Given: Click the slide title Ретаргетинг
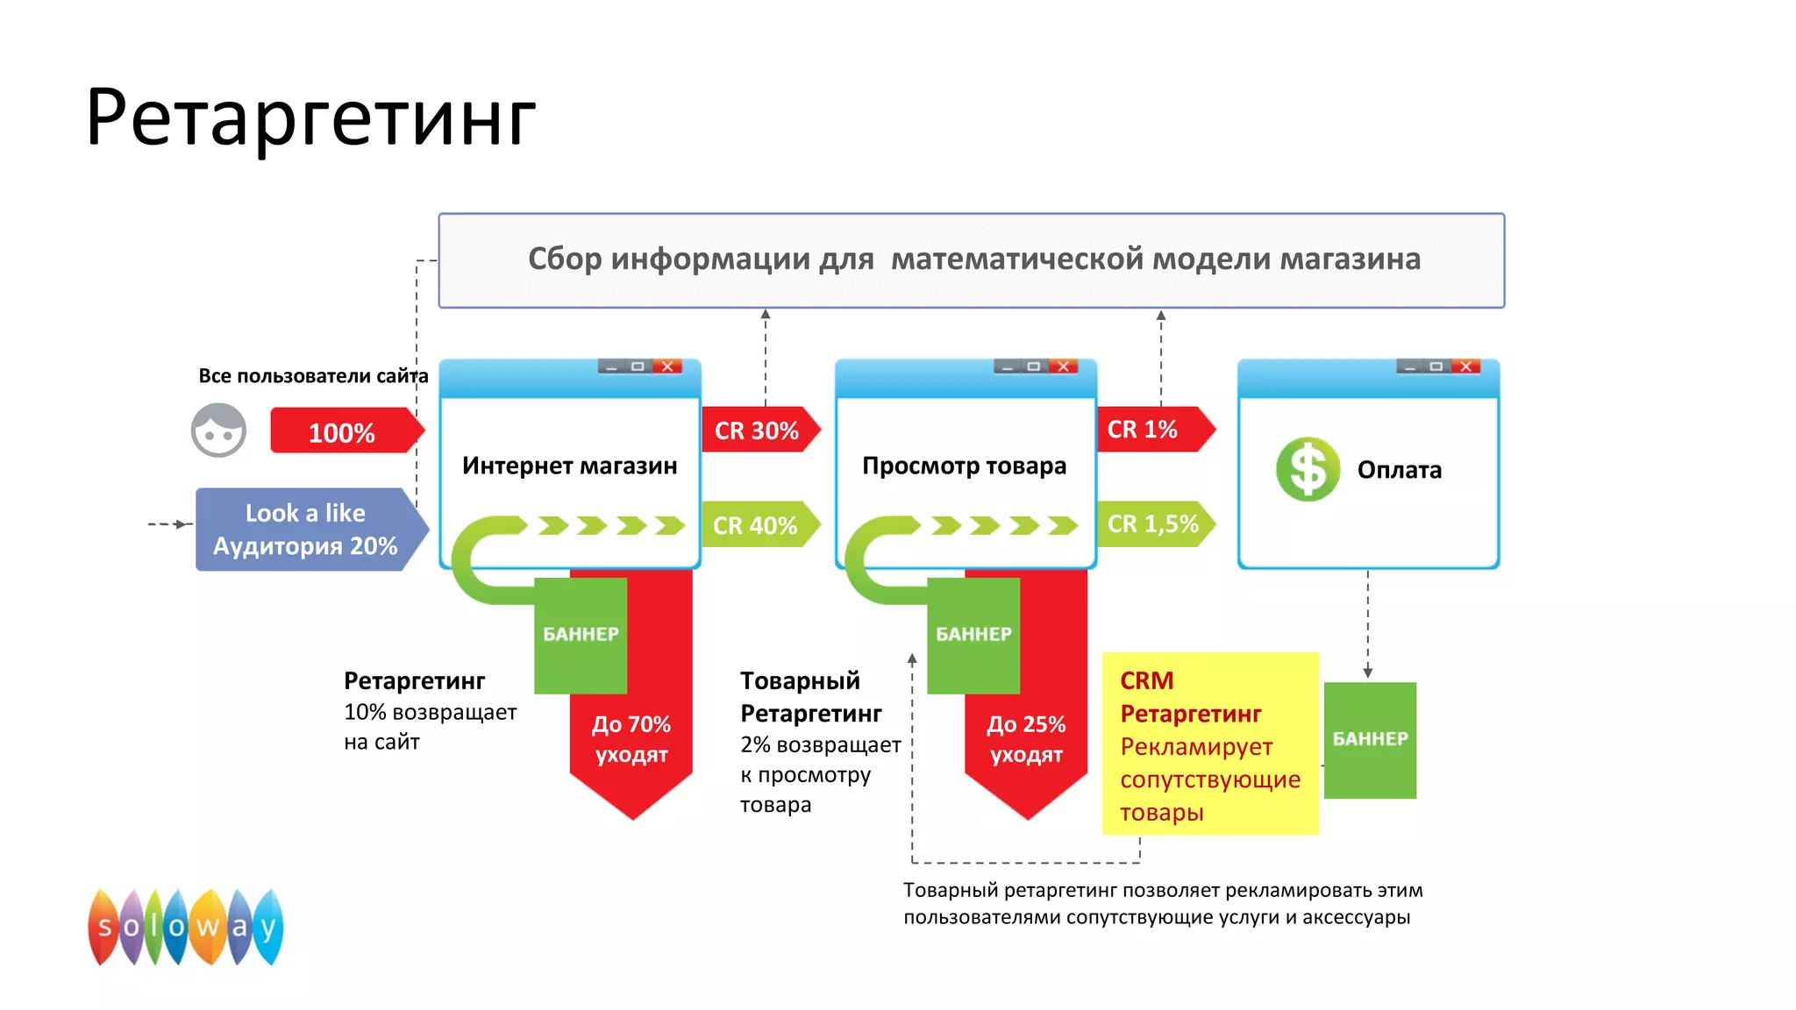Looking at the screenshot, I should (310, 117).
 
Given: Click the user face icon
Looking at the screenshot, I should (218, 430).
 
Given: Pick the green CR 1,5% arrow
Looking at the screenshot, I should (1151, 524).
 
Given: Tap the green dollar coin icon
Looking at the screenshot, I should (1308, 469).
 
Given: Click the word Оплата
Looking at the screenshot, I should (1399, 470).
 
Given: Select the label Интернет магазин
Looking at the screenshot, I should (569, 466).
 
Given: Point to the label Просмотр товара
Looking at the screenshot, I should (964, 466).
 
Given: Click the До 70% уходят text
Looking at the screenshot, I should (631, 739).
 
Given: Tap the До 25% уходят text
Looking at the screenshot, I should (1026, 739).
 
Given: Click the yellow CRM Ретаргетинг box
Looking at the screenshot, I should (1209, 743).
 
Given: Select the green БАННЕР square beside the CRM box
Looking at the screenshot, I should (1370, 740).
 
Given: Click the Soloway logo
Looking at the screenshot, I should (186, 927).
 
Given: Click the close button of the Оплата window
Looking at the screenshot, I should (1465, 366).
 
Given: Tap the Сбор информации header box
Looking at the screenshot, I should (972, 260).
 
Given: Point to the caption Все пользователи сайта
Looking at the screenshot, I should (313, 376).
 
